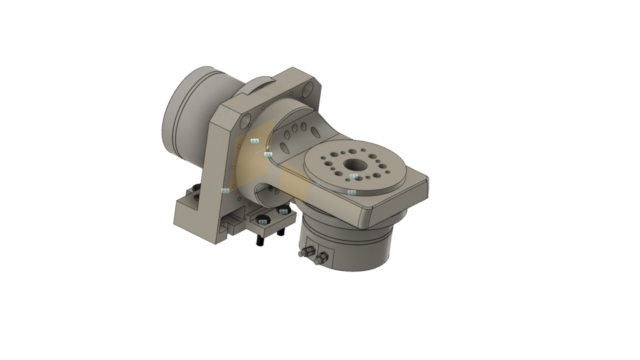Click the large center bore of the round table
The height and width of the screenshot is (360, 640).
351,164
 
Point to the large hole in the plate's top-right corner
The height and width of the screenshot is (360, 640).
309,89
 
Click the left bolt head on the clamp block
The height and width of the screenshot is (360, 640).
263,221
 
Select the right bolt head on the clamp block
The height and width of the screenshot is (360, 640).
283,213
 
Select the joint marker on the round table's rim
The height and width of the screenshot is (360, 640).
352,192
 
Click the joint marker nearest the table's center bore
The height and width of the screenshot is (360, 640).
354,177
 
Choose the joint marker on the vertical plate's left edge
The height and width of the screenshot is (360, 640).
225,191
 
